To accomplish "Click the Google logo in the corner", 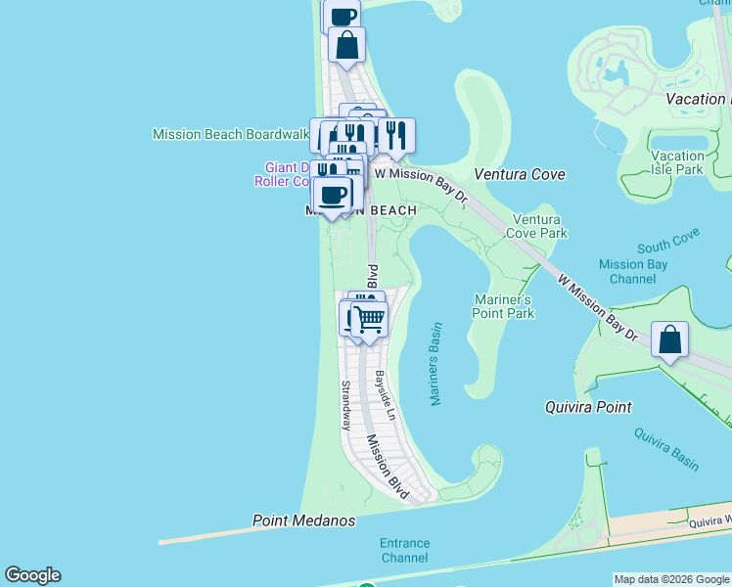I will click(x=32, y=575).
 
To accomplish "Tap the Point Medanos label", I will click(x=303, y=520).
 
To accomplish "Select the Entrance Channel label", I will click(x=404, y=550).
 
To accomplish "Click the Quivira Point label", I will click(x=587, y=407).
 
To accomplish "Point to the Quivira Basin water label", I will click(x=665, y=449).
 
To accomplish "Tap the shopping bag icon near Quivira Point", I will click(x=669, y=341).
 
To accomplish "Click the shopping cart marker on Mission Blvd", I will click(x=369, y=319).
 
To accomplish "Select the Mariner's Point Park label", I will click(x=504, y=306).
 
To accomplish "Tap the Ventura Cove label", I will click(x=520, y=174).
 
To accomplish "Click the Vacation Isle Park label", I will click(x=677, y=162).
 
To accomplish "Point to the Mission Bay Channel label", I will click(x=633, y=271).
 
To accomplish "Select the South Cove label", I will click(x=668, y=248).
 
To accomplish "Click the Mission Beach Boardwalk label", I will click(x=230, y=134).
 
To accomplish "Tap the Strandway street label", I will click(x=345, y=405).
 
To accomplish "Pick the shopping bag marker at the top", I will click(x=346, y=44).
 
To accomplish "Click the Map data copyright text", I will click(x=670, y=579).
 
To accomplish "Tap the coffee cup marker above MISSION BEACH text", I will click(x=334, y=194).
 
